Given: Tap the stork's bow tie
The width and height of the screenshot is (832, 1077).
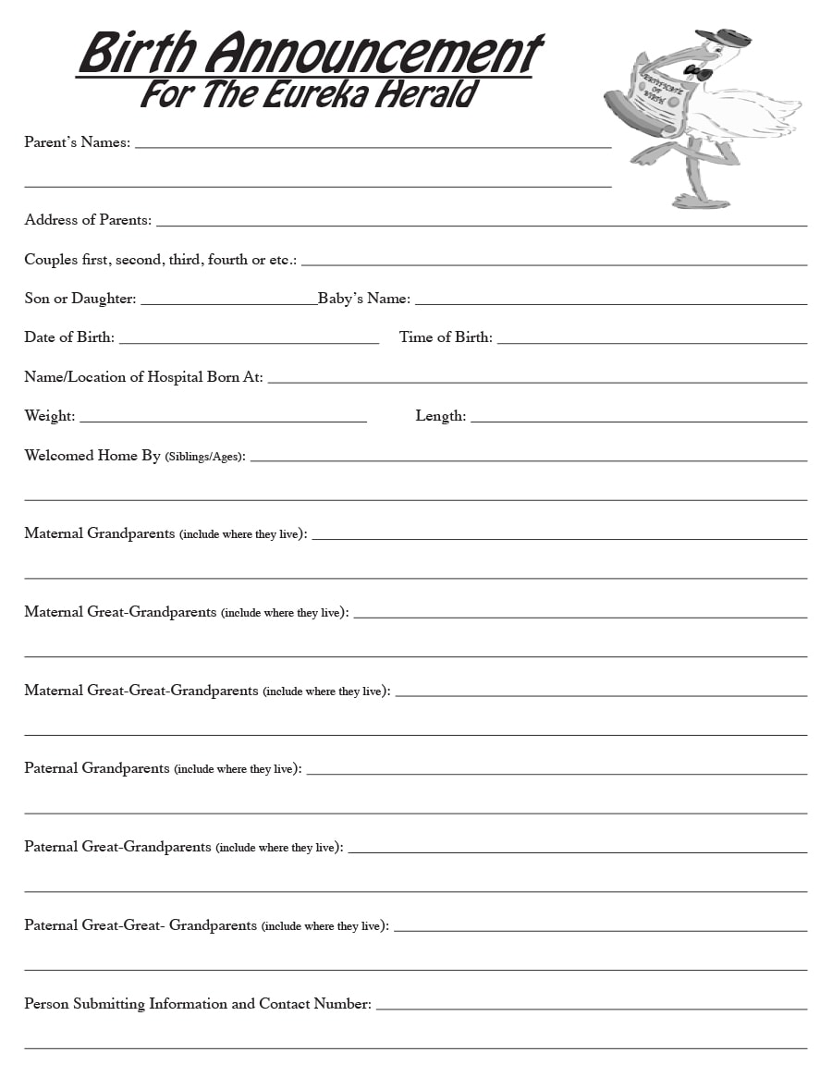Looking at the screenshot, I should click(x=698, y=71).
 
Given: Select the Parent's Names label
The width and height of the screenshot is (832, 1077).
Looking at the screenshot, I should click(x=77, y=142).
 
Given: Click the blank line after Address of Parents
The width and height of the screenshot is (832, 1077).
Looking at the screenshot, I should click(x=481, y=224).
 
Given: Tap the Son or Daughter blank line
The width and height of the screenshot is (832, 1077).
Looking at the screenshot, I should click(x=228, y=302).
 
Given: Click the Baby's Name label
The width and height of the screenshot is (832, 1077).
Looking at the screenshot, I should click(x=364, y=299).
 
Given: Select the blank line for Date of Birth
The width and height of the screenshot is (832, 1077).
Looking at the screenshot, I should click(x=249, y=342).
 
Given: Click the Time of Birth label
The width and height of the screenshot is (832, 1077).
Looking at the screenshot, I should click(x=446, y=337).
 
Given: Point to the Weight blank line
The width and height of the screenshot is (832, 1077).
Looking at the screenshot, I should click(x=223, y=421).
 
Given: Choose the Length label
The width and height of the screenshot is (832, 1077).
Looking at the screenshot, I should click(x=440, y=416).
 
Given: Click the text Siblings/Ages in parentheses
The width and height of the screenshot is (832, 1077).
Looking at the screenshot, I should click(x=203, y=457).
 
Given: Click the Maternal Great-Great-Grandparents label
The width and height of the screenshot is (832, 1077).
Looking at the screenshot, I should click(x=141, y=691).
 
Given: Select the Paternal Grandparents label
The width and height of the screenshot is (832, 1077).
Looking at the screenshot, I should click(x=97, y=768).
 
